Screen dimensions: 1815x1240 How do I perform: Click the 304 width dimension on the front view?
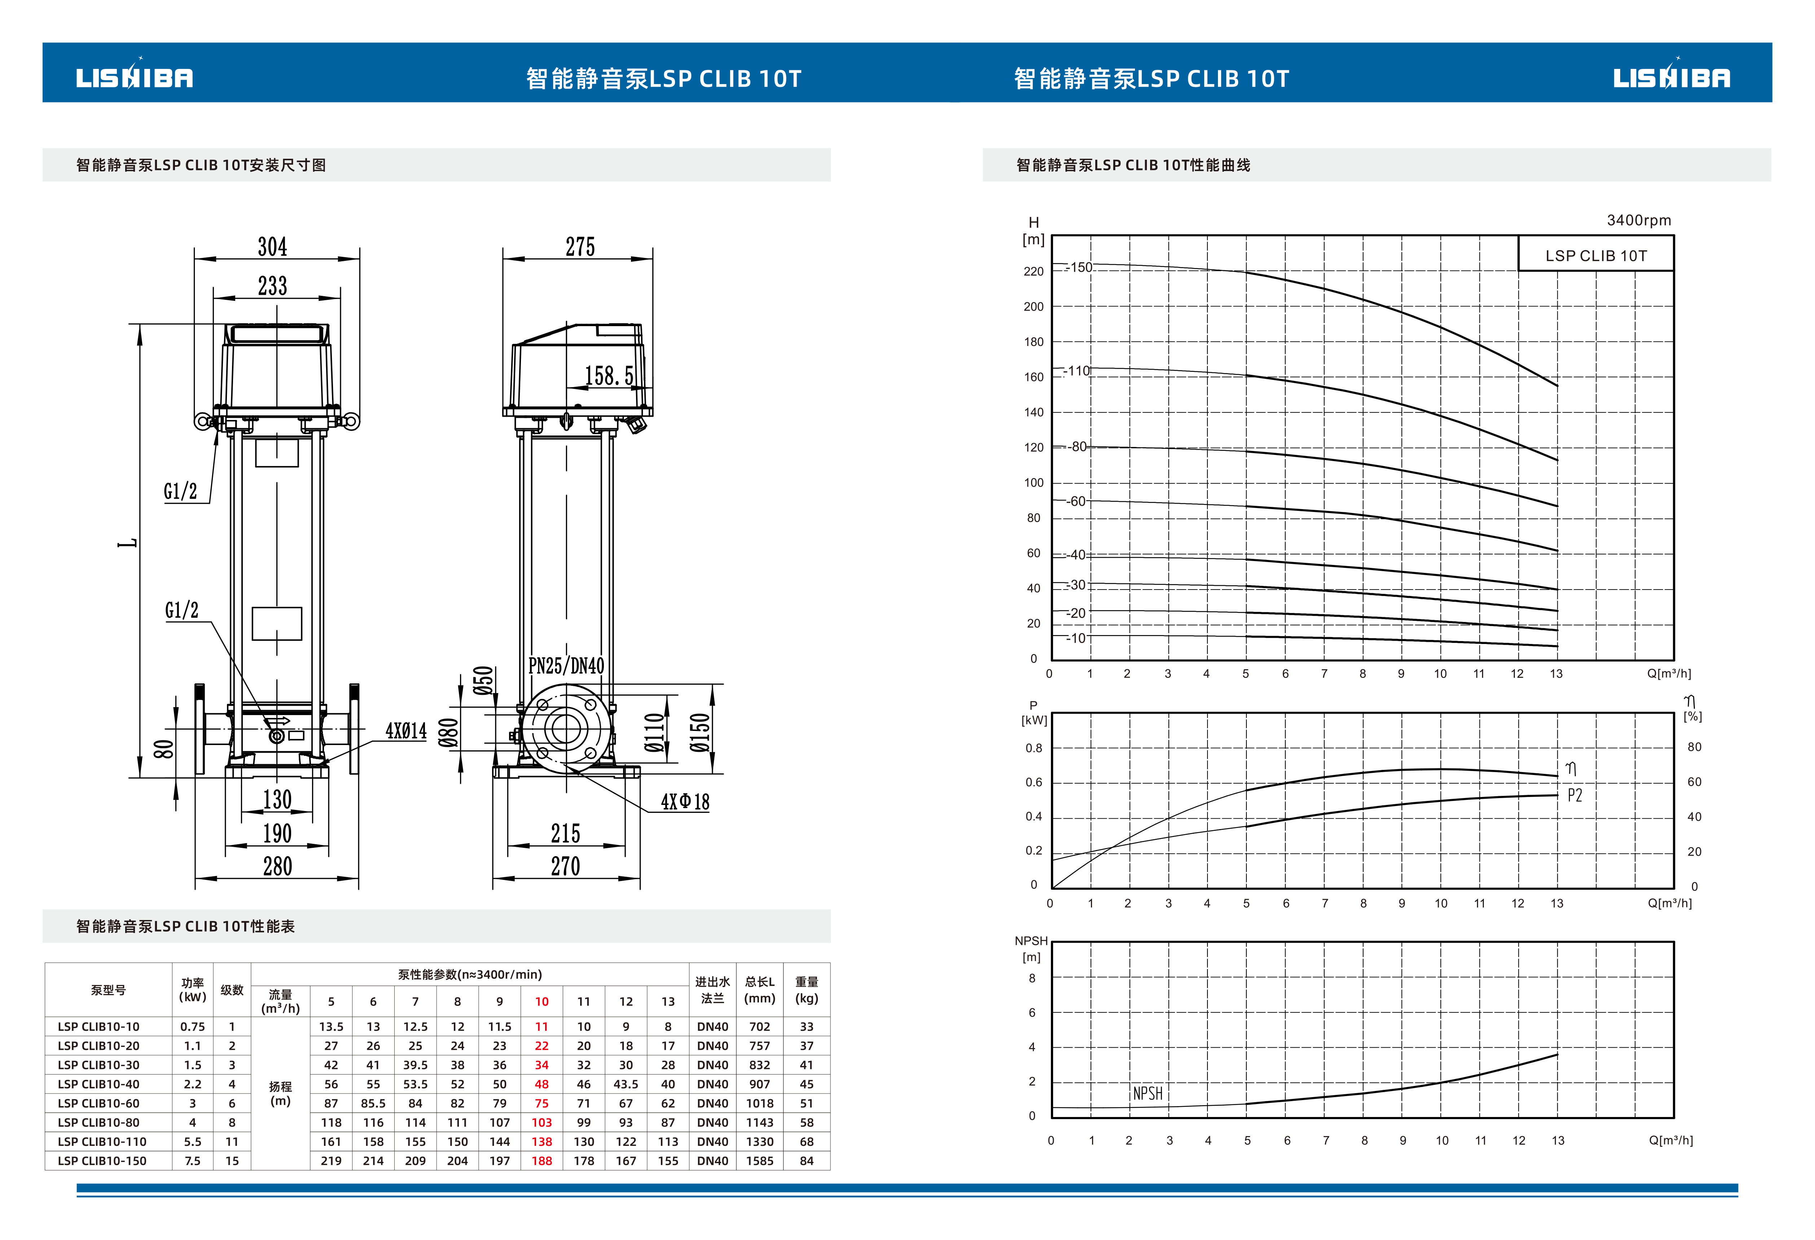click(273, 247)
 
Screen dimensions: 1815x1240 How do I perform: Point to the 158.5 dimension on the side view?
click(609, 376)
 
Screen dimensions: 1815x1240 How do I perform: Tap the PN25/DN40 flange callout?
click(566, 665)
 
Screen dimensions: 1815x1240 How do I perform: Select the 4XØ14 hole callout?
click(406, 731)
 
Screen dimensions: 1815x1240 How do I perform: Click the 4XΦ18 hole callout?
click(685, 802)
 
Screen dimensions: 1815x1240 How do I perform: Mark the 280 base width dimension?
click(277, 866)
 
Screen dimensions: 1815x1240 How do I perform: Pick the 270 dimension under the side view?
click(565, 866)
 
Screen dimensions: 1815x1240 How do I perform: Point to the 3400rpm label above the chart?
click(1639, 220)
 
